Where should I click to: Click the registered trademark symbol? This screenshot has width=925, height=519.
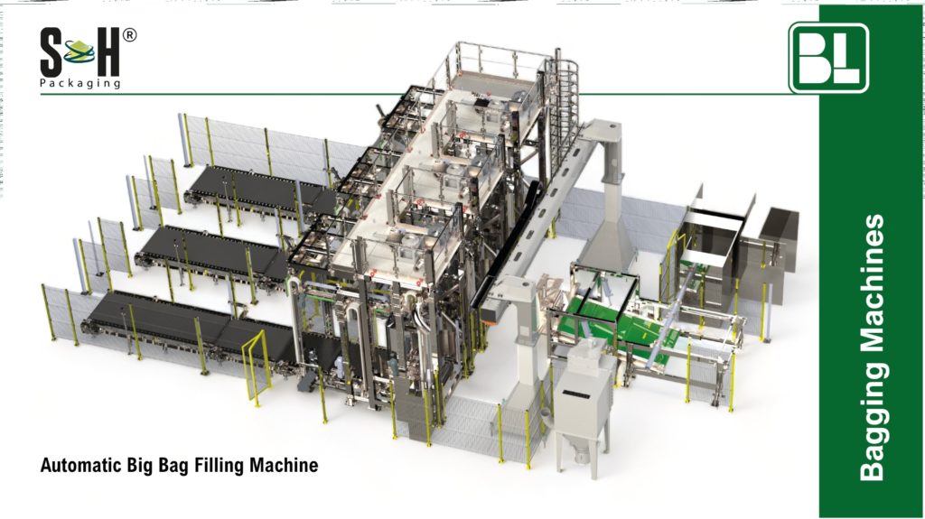pyautogui.click(x=130, y=36)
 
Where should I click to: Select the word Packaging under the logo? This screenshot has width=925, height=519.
pyautogui.click(x=80, y=84)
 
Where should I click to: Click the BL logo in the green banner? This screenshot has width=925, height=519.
pyautogui.click(x=828, y=58)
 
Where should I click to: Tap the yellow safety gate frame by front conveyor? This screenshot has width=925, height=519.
pyautogui.click(x=257, y=361)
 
